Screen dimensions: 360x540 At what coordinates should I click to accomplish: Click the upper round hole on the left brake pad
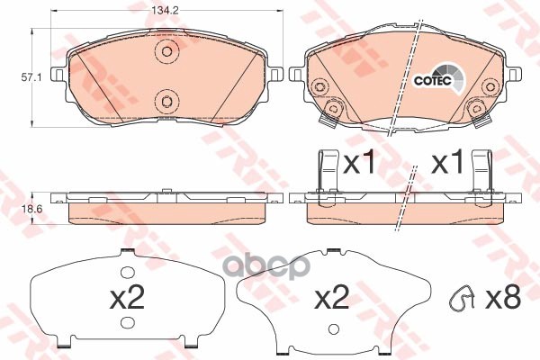pyautogui.click(x=163, y=52)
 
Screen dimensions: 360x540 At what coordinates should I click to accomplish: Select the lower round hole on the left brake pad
pyautogui.click(x=163, y=100)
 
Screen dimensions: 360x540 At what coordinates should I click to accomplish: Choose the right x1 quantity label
pyautogui.click(x=447, y=165)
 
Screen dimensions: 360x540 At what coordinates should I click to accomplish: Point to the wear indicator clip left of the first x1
pyautogui.click(x=326, y=170)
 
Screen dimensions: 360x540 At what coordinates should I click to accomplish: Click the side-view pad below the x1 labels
pyautogui.click(x=405, y=208)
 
